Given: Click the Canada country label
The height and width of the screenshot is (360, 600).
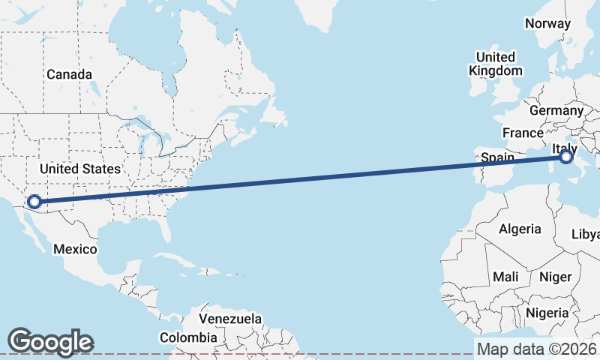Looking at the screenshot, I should point(69,75).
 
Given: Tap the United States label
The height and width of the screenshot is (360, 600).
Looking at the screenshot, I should point(79,169).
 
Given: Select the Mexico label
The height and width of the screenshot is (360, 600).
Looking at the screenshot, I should point(75,248).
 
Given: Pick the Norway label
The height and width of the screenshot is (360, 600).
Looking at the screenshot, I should point(547,23).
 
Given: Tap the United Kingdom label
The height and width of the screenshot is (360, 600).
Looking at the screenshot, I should point(496,64).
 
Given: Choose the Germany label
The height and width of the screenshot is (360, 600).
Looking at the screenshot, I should point(556,110).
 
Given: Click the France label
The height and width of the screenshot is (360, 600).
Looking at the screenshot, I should point(523,133).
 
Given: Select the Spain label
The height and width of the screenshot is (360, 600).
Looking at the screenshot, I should point(497,157).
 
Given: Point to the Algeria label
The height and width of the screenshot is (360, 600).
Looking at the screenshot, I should point(520,228).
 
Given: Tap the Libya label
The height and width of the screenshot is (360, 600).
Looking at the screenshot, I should point(586,234).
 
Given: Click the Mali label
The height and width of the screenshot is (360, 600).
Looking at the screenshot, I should point(505,277).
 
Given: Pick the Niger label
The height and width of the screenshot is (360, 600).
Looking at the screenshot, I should point(556,277).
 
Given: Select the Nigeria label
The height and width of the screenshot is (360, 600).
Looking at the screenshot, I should point(547,312).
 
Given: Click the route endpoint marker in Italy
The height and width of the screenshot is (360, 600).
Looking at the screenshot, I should point(566,157).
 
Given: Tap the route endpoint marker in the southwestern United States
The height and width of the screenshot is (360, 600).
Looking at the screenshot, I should point(34,201).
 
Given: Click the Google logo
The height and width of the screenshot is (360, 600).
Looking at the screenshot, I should point(50,342).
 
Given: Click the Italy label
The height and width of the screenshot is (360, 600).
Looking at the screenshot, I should point(564,148).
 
